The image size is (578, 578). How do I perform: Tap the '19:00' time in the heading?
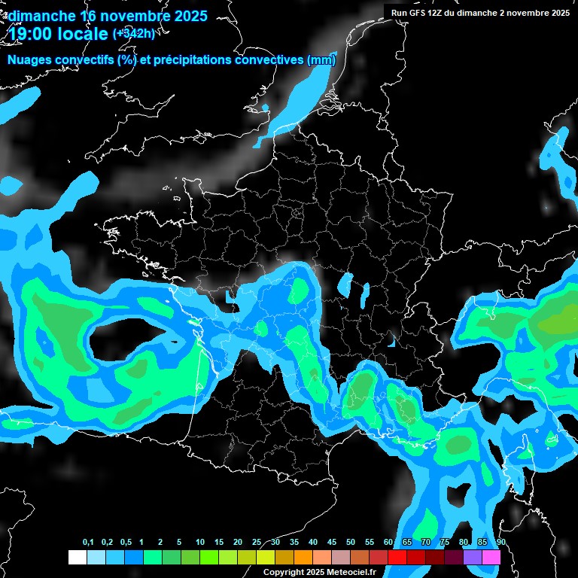coord(29,34)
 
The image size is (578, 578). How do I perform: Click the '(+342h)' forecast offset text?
coord(133,33)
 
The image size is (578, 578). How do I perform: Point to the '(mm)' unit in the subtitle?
coord(321,60)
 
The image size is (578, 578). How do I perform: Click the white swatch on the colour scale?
coord(77,557)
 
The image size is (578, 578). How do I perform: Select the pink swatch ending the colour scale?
coord(491,557)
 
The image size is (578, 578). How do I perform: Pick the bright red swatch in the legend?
coord(397,557)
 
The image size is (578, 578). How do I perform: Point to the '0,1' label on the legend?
coord(88,543)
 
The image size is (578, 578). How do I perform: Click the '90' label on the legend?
coord(500,543)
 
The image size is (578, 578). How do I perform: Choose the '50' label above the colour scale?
coord(351,543)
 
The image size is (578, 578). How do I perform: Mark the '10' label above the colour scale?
coord(200,543)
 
